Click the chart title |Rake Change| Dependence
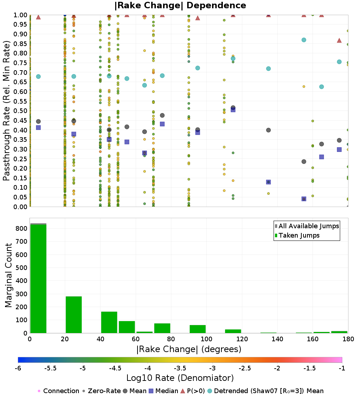pyautogui.click(x=180, y=5)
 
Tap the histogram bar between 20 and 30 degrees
pyautogui.click(x=74, y=315)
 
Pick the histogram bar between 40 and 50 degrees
pyautogui.click(x=109, y=322)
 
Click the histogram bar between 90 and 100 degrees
pyautogui.click(x=198, y=329)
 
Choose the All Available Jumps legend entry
pyautogui.click(x=307, y=226)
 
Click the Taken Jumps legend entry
pyautogui.click(x=297, y=235)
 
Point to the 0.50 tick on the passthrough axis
pyautogui.click(x=21, y=111)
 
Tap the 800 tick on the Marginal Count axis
pyautogui.click(x=22, y=229)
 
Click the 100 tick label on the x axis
pyautogui.click(x=207, y=339)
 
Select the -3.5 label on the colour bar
pyautogui.click(x=180, y=368)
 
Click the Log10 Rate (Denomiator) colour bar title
pyautogui.click(x=180, y=378)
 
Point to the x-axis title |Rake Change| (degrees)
pyautogui.click(x=189, y=349)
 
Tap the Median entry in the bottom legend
pyautogui.click(x=163, y=391)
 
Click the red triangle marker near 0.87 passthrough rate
pyautogui.click(x=339, y=40)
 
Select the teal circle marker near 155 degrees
pyautogui.click(x=304, y=40)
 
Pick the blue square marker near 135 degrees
pyautogui.click(x=269, y=182)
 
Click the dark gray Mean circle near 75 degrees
pyautogui.click(x=162, y=116)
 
